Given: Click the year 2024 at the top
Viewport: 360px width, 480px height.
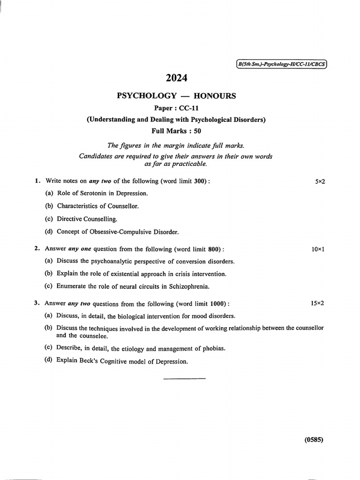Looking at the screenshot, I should (176, 79).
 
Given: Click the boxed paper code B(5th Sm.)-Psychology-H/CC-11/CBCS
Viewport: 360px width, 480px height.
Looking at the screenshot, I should (280, 65).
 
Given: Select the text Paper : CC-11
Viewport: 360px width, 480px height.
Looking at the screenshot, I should (176, 108).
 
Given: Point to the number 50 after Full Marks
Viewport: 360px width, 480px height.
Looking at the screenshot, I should (197, 131).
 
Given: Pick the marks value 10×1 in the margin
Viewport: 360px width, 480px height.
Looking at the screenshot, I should (318, 249).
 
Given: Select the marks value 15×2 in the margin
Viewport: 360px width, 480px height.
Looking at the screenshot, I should (317, 303).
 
